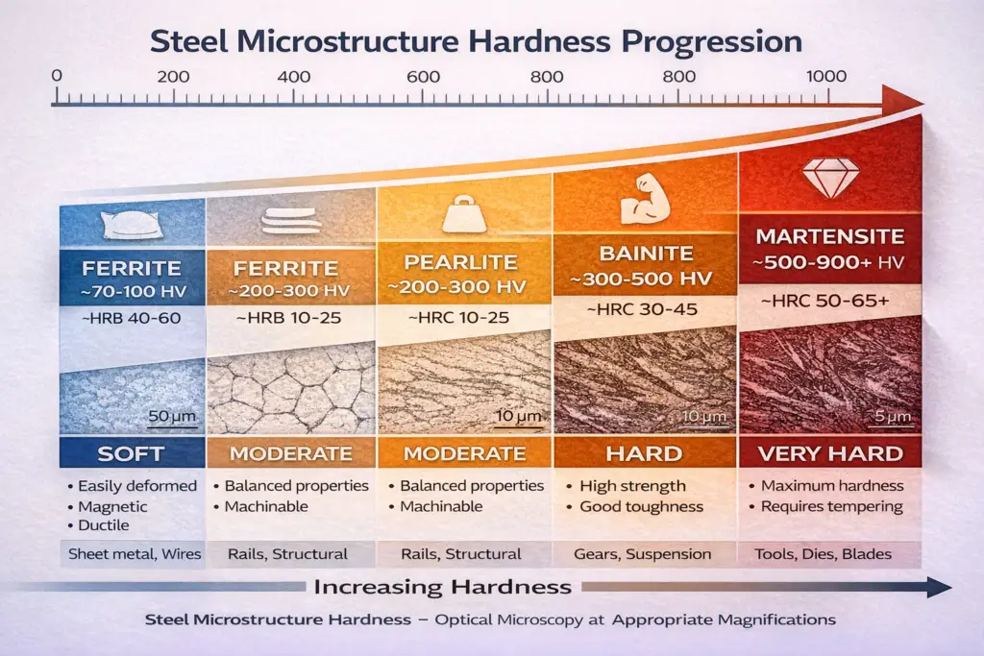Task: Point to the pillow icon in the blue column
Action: pyautogui.click(x=131, y=225)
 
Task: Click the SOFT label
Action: pyautogui.click(x=131, y=453)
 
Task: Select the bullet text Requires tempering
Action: pyautogui.click(x=831, y=506)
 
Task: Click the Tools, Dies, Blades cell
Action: pyautogui.click(x=826, y=554)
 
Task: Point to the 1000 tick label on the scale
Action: pyautogui.click(x=826, y=78)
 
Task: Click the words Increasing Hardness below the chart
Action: pyautogui.click(x=443, y=586)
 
